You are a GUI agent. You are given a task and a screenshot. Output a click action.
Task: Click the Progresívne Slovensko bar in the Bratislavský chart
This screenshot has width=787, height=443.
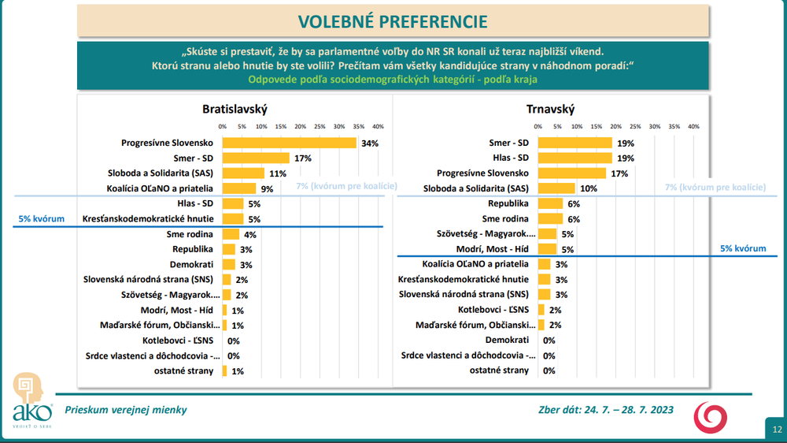(289, 143)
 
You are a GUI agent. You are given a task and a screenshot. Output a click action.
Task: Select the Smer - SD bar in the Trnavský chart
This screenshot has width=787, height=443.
(575, 143)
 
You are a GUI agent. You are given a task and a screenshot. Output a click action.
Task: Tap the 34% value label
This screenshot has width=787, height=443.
(370, 143)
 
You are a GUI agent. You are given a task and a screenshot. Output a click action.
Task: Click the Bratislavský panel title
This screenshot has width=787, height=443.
(235, 109)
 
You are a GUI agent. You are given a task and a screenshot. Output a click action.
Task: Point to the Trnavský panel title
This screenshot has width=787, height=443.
(551, 109)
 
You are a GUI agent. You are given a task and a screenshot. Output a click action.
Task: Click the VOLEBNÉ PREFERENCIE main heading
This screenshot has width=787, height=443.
(393, 21)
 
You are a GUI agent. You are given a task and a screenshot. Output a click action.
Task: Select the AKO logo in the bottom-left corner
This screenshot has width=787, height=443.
(31, 400)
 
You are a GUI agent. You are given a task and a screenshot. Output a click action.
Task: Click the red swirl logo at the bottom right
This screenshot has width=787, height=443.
(710, 417)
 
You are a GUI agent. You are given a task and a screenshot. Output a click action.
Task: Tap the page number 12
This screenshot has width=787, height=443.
(777, 430)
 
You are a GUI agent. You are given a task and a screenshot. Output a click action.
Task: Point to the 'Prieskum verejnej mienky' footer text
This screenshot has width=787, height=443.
(125, 410)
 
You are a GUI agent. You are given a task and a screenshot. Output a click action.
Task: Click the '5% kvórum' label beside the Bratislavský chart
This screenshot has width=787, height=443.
(41, 218)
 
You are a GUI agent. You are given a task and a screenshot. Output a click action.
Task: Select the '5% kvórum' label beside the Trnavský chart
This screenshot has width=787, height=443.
(743, 248)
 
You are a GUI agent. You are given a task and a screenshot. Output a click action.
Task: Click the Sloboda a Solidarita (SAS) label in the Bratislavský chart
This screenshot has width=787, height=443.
(160, 173)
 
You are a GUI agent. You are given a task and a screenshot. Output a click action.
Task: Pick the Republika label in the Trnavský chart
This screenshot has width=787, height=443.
(508, 203)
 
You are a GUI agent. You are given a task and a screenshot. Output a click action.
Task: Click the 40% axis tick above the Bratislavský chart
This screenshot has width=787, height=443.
(378, 127)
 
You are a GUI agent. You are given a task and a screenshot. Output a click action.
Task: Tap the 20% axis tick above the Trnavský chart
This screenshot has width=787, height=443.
(616, 127)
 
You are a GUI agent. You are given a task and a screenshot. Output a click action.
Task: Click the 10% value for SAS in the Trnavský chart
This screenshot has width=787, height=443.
(589, 188)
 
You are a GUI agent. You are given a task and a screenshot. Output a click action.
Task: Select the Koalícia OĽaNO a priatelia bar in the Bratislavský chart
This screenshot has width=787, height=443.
(239, 188)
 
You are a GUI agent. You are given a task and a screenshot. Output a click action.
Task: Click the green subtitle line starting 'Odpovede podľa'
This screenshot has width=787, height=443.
(393, 80)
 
